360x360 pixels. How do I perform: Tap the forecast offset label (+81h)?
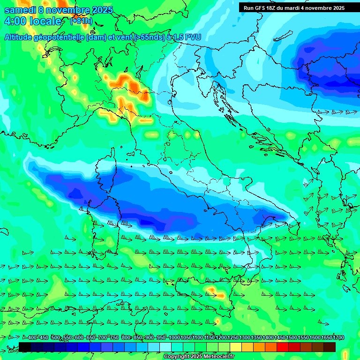(81, 21)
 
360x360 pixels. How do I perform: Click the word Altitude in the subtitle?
(18, 37)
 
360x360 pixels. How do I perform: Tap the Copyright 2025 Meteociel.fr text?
(199, 357)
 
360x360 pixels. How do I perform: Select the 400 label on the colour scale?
(32, 338)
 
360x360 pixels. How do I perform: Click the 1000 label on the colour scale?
(174, 338)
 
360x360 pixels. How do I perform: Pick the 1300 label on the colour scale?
(245, 338)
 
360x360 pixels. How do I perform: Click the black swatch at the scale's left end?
(25, 347)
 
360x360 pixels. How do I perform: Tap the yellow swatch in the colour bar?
(236, 347)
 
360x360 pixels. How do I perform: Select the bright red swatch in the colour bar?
(283, 347)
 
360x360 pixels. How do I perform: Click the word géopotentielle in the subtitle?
(60, 37)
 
